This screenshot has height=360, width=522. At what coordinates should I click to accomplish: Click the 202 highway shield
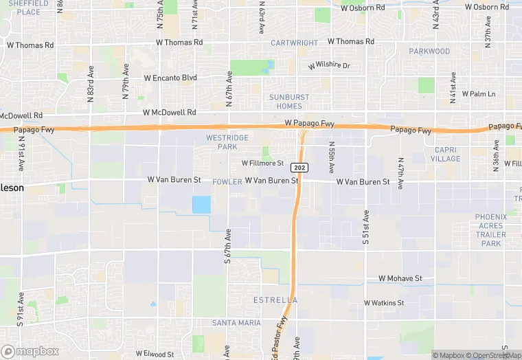(x=299, y=168)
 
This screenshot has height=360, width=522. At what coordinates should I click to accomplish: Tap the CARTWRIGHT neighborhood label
(x=294, y=43)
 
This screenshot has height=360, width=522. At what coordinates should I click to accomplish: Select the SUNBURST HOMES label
(x=289, y=102)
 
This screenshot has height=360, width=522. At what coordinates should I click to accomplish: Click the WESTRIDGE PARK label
(x=227, y=142)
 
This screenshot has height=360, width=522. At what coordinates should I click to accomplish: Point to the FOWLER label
(x=227, y=182)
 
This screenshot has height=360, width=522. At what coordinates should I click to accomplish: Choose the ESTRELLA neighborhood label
(x=275, y=300)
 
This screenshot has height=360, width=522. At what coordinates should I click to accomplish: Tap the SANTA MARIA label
(x=236, y=323)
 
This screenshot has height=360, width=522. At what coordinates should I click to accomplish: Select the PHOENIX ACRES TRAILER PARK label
(x=491, y=230)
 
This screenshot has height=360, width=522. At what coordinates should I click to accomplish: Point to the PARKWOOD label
(x=429, y=52)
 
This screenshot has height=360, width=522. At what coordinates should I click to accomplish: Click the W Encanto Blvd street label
(x=170, y=78)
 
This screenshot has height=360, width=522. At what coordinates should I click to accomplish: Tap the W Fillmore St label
(x=262, y=164)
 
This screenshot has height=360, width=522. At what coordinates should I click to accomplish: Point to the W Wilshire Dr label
(x=329, y=66)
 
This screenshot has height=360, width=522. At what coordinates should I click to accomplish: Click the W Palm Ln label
(x=479, y=93)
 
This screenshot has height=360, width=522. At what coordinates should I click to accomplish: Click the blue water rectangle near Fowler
(x=201, y=205)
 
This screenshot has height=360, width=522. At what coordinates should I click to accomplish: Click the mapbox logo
(x=30, y=351)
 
